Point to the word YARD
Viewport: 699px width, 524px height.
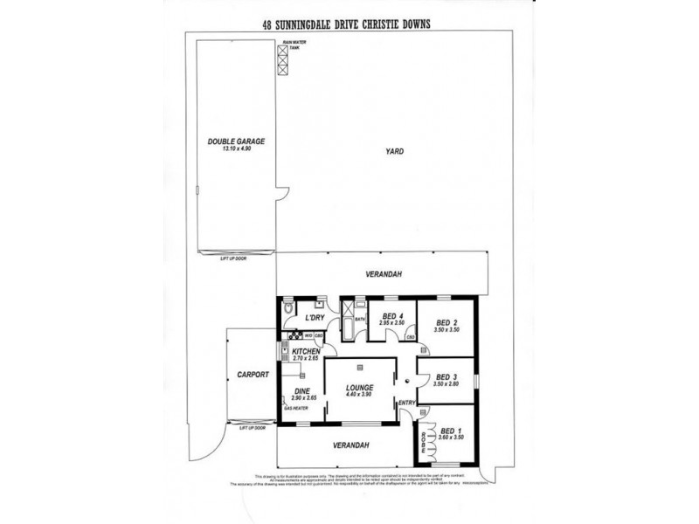(x=394, y=152)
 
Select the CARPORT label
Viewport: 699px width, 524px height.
(x=252, y=375)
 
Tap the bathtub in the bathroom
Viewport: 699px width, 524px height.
(x=348, y=331)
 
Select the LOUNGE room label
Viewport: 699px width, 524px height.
(x=359, y=387)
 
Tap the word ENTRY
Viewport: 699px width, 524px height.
(x=406, y=402)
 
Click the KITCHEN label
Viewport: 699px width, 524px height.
(x=307, y=351)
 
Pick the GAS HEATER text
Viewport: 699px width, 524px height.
(x=295, y=408)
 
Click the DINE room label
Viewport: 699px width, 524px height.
(x=302, y=390)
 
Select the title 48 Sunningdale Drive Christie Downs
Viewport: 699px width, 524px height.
(x=349, y=25)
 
